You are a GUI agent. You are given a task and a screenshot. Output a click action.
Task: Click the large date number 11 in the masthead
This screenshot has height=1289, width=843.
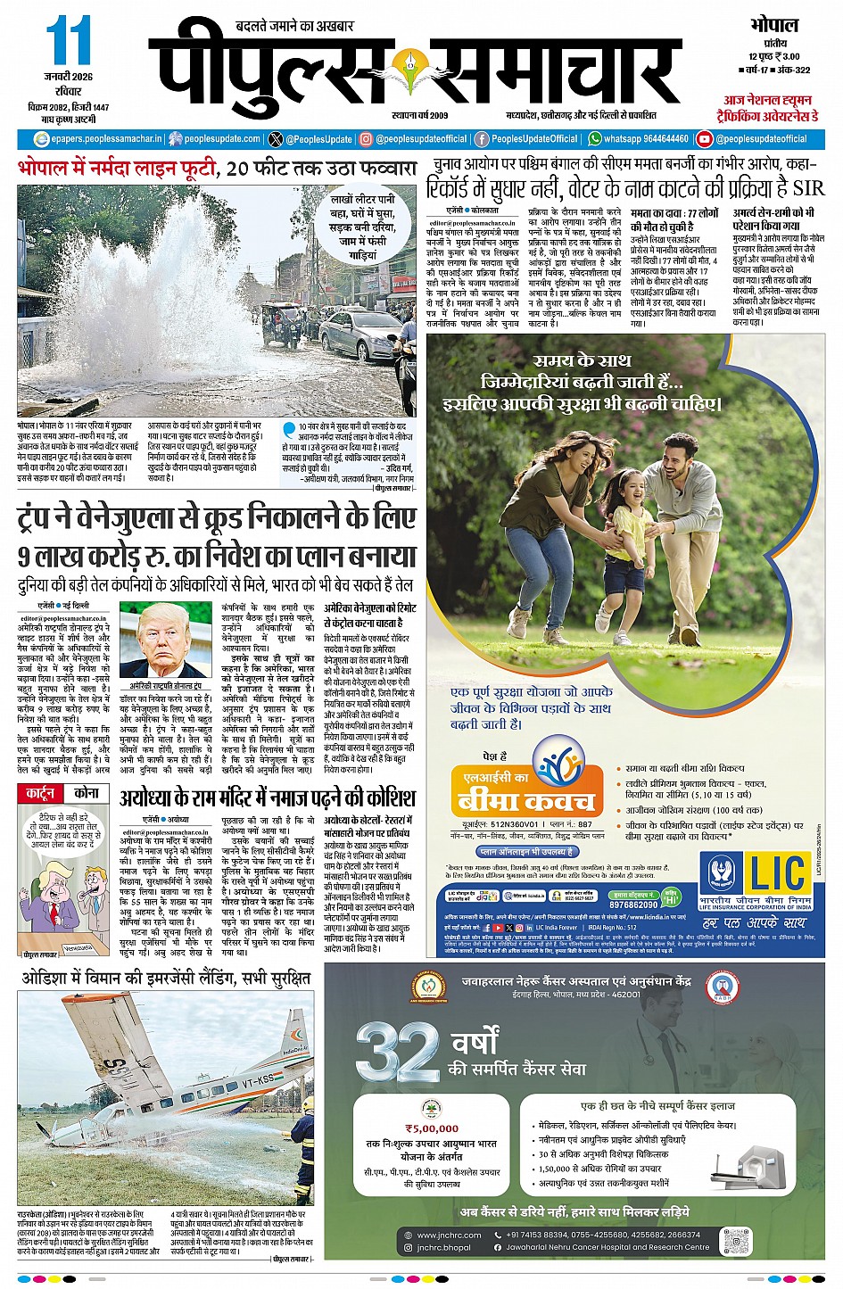pos(68,43)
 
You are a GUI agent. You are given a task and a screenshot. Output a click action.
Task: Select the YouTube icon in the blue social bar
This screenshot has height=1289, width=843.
pos(704,139)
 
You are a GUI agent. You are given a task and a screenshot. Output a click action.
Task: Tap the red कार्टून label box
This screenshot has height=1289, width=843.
pos(40,793)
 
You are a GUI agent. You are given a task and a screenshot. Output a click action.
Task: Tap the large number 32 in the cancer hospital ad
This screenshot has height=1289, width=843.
pos(397,1053)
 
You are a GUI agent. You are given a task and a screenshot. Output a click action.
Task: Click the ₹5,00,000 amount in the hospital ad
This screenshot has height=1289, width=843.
pos(432,1128)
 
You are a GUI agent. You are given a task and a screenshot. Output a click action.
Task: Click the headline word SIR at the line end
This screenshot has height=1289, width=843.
pos(808,187)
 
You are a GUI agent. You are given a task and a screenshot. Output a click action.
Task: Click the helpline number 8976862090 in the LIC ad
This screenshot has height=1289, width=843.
pos(633,905)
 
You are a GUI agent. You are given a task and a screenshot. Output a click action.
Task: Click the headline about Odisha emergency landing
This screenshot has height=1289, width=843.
pos(165,979)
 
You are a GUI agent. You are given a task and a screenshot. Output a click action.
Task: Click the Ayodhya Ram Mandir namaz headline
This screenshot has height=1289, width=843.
pos(267,796)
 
